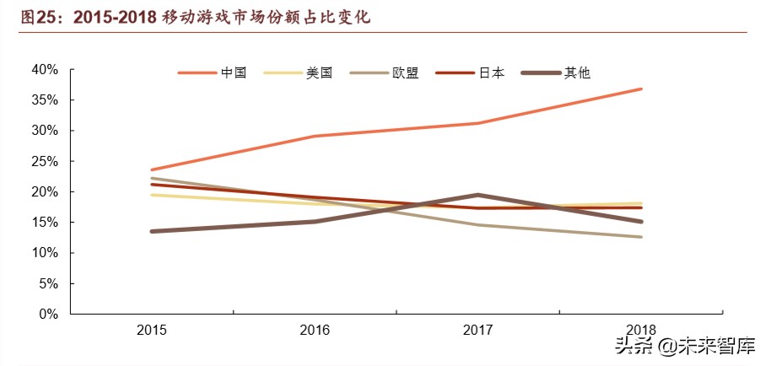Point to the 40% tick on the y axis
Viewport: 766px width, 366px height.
tap(45, 69)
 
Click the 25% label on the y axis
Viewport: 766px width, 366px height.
tap(45, 161)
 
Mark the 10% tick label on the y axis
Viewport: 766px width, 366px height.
tap(45, 253)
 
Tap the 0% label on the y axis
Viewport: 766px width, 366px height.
tap(48, 314)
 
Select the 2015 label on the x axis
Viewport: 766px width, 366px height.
tap(152, 330)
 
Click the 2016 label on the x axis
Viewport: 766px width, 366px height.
tap(315, 330)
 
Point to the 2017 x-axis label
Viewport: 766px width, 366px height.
tap(477, 330)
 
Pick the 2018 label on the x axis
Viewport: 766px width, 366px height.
tap(641, 330)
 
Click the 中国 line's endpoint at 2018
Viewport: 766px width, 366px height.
tap(641, 89)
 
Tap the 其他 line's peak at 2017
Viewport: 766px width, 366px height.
tap(477, 195)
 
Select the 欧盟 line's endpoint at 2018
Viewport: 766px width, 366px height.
tap(641, 237)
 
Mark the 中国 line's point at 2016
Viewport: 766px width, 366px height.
tap(315, 136)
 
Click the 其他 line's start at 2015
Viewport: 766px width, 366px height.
tap(152, 231)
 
